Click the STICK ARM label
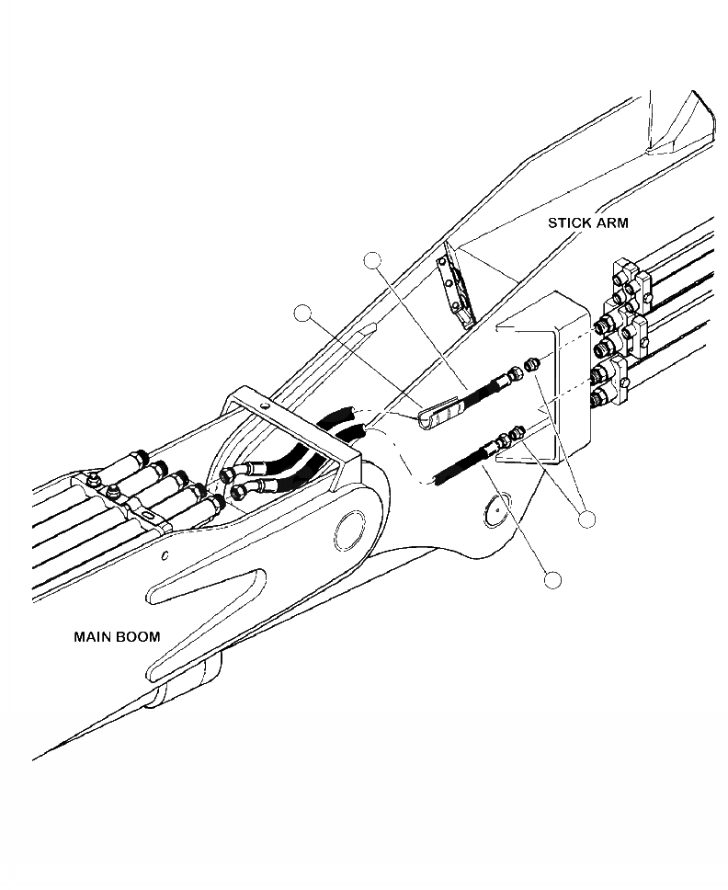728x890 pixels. point(587,222)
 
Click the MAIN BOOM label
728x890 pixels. point(117,636)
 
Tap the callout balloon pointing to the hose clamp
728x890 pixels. point(302,314)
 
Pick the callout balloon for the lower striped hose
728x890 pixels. point(552,580)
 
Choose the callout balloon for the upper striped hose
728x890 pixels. point(372,261)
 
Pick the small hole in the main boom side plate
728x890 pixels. point(164,555)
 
